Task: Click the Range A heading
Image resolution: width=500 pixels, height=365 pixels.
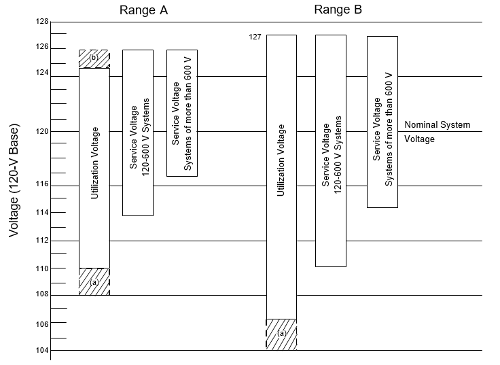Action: [x=143, y=10]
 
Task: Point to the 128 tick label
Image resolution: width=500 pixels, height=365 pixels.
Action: [x=41, y=22]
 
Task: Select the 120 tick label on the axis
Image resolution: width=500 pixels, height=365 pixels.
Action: [x=41, y=131]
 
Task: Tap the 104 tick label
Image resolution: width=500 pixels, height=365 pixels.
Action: [x=41, y=351]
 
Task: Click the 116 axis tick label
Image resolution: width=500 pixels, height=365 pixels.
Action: [x=41, y=186]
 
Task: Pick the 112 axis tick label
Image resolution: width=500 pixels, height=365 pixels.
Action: [x=41, y=241]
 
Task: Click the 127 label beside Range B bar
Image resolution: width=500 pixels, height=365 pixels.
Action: [x=255, y=37]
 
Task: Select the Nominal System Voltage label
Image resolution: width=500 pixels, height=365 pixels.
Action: [x=437, y=132]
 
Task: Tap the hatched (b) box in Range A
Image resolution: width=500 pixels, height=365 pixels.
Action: [x=94, y=58]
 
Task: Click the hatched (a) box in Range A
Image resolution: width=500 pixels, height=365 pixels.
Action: [x=94, y=281]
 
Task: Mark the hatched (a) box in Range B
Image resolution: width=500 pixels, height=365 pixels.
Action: [x=281, y=334]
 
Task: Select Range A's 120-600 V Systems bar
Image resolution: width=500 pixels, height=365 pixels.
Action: [x=138, y=133]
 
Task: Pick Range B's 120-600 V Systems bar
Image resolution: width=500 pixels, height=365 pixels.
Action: [x=331, y=150]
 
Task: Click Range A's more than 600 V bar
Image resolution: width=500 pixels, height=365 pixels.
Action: [x=182, y=113]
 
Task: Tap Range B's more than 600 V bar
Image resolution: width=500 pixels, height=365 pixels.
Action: [x=382, y=122]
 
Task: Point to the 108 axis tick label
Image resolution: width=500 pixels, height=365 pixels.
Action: [x=41, y=295]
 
